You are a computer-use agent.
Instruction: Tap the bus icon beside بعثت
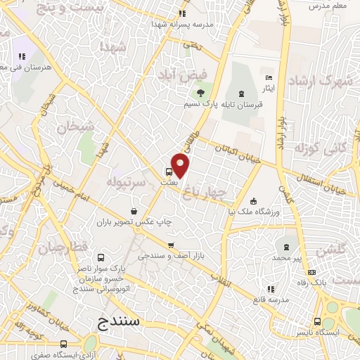169,172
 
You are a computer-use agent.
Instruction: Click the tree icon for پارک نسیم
202,93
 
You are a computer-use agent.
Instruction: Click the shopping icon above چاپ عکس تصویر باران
134,210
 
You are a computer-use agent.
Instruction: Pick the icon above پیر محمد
285,247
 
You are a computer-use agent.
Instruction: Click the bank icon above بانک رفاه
311,272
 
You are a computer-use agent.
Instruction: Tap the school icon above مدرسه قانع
271,289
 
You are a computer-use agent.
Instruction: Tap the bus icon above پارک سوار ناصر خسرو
101,257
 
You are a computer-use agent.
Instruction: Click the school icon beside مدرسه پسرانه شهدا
182,13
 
